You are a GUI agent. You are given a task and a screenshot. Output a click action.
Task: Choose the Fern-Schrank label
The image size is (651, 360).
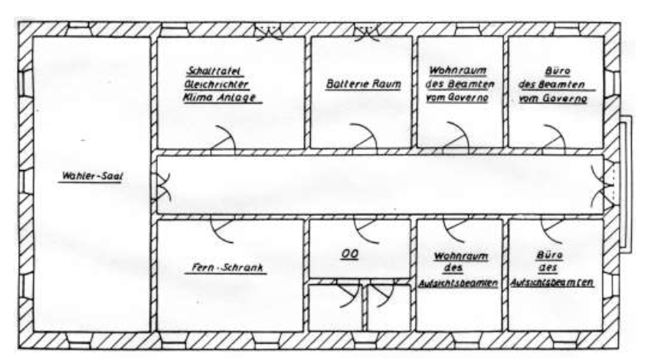click(x=227, y=269)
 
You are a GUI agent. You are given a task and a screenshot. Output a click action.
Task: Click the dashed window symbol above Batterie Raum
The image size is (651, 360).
click(x=366, y=32)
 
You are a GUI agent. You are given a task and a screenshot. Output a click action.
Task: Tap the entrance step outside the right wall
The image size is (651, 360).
click(x=626, y=184)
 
